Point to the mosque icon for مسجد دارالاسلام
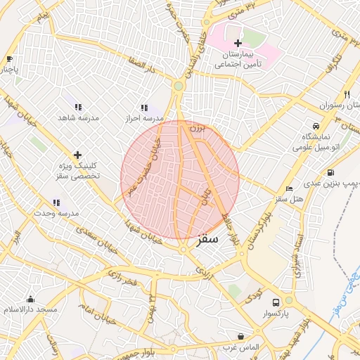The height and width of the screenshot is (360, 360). [30, 299]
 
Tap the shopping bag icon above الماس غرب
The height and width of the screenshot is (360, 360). [241, 337]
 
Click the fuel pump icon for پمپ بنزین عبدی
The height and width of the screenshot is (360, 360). [330, 173]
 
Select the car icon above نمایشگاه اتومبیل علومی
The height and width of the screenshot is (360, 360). [314, 126]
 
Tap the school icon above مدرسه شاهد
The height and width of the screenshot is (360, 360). [78, 108]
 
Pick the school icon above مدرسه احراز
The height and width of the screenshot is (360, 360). [144, 108]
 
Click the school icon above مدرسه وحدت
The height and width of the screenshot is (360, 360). [56, 202]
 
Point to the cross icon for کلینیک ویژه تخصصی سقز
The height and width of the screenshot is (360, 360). [77, 155]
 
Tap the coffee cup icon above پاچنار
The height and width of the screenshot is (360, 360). [9, 59]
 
